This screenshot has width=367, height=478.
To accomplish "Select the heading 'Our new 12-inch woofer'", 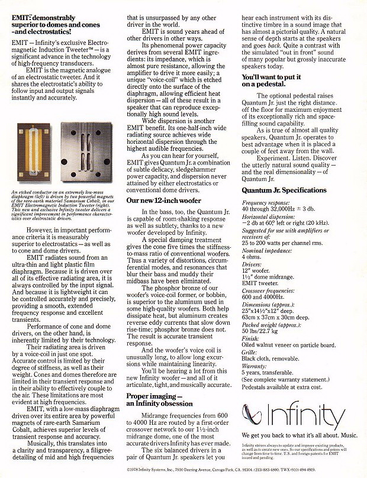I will click(x=162, y=201).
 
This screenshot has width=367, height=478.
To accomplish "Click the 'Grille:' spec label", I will click(x=250, y=352).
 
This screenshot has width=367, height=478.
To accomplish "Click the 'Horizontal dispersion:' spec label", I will click(x=267, y=216).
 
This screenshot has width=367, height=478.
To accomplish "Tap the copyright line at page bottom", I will click(x=183, y=469).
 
